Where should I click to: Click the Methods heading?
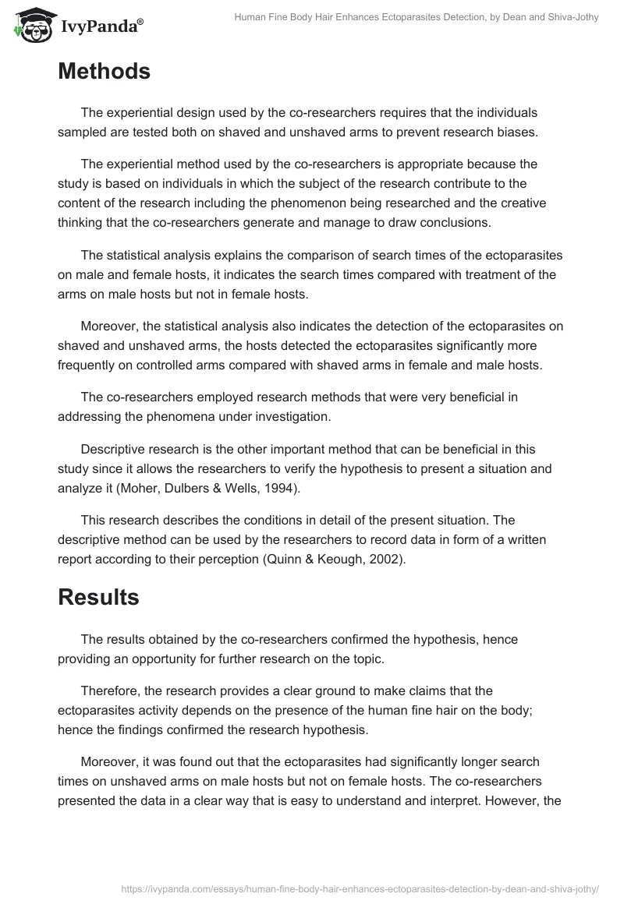pyautogui.click(x=104, y=72)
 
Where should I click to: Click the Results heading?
pyautogui.click(x=98, y=597)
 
